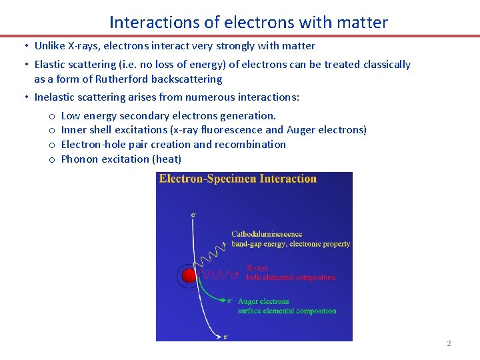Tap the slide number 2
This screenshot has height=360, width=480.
click(449, 343)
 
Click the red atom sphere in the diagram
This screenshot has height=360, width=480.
click(189, 275)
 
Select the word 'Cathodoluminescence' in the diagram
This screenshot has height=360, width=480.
click(267, 234)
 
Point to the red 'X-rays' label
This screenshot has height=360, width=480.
click(258, 268)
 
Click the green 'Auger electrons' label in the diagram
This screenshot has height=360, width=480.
click(263, 301)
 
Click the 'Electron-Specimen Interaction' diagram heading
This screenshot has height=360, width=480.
click(238, 179)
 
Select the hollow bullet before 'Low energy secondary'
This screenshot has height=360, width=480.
click(51, 116)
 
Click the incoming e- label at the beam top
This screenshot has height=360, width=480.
click(193, 215)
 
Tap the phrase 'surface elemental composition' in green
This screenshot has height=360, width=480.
click(287, 311)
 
